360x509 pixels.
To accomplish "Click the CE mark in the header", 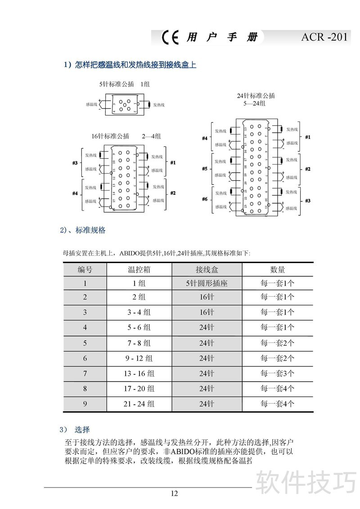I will tap(171, 37).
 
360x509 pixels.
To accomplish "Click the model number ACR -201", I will tap(324, 37).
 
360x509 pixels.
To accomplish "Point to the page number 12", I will tap(175, 493).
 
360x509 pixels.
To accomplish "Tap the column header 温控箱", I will tap(139, 270).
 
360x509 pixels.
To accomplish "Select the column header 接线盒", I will tap(207, 270).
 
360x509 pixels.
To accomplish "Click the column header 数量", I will tap(277, 270).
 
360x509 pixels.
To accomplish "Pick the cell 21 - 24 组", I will tap(139, 404).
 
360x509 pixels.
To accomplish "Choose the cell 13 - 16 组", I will tap(139, 373).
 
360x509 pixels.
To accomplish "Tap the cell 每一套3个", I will tap(277, 373).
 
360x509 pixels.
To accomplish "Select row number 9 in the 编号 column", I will tap(85, 404).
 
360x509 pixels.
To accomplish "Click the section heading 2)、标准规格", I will tap(83, 230).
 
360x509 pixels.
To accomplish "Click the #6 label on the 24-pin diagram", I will tap(205, 199).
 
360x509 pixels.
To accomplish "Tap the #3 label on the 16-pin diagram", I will tap(75, 163).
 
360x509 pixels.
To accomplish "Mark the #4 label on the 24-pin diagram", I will tap(205, 138).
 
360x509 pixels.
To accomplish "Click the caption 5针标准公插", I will tap(114, 84).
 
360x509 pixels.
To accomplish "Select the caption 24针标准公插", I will tap(256, 96).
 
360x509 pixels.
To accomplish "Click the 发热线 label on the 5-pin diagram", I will tap(159, 105).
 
